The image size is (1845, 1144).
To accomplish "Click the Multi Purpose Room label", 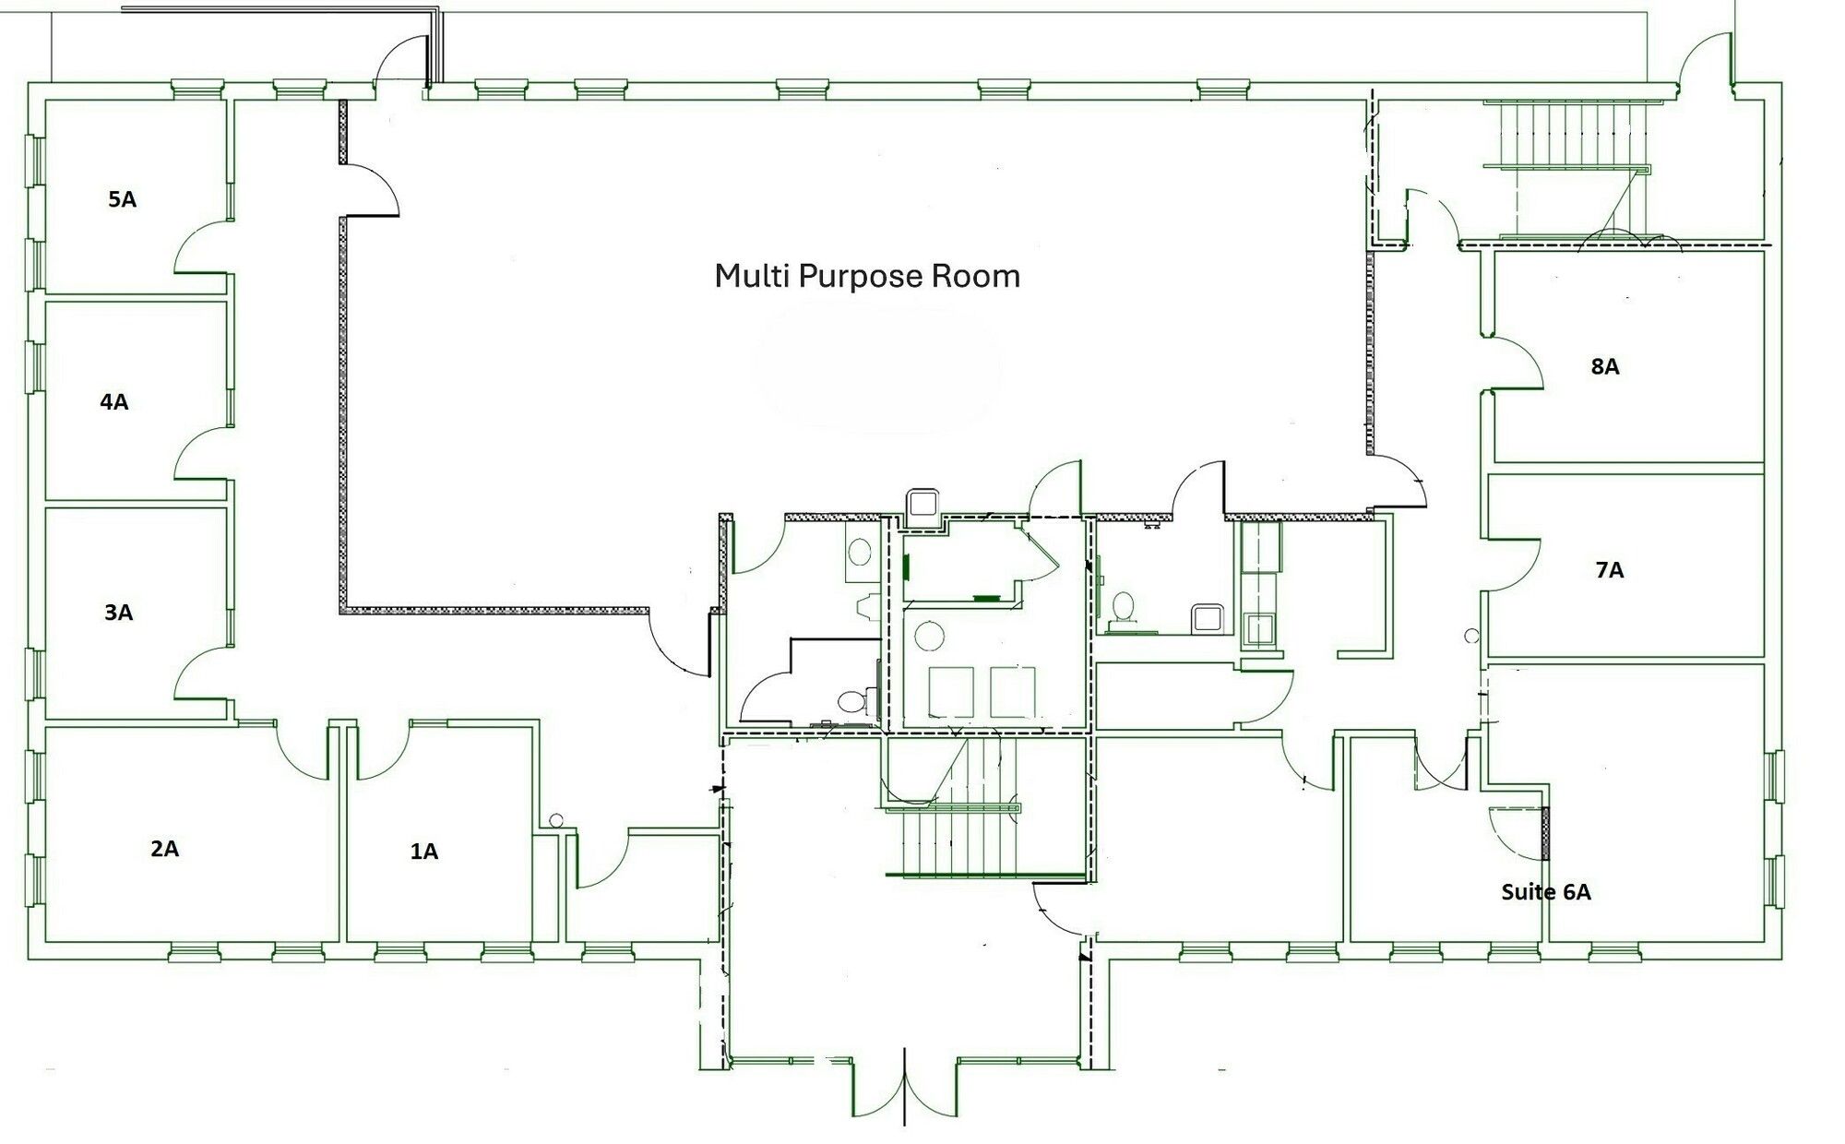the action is coord(867,276).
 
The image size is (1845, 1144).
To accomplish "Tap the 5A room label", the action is coord(122,199).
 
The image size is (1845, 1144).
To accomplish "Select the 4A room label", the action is coord(114,401).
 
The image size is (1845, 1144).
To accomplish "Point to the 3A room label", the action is coord(118,612).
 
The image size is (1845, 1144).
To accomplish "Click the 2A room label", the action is coord(164,849).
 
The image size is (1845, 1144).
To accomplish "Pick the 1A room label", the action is coord(423,852).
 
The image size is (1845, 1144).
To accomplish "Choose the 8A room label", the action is coord(1605,366).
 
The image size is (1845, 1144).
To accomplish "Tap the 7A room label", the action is coord(1610,570).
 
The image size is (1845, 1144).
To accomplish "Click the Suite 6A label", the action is coord(1546,892).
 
